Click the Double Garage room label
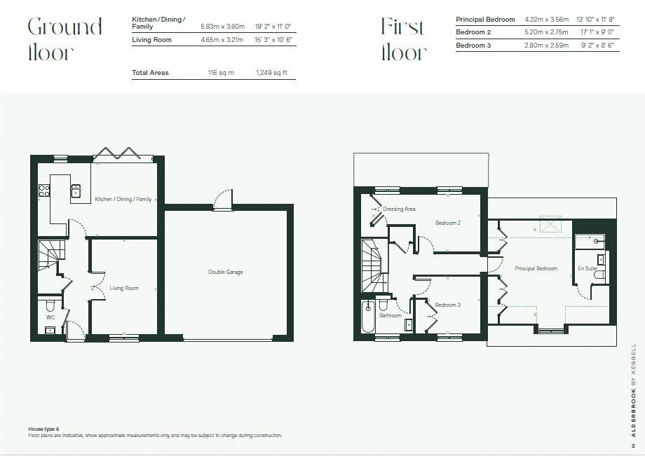point(225,272)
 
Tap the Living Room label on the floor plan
point(123,288)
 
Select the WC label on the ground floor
point(50,317)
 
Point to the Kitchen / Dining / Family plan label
point(123,199)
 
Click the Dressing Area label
point(399,209)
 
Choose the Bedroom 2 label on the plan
point(447,223)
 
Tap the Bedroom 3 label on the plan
point(447,305)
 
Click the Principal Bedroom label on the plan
point(536,268)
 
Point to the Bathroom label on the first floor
point(391,315)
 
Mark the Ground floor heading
point(64,39)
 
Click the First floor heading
point(403,39)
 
